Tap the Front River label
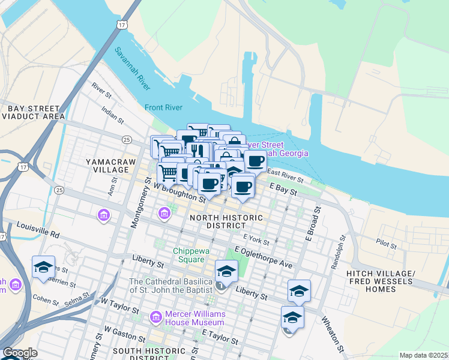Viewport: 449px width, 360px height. (x=163, y=108)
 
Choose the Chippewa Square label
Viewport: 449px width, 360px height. (x=193, y=255)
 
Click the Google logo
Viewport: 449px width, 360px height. (x=20, y=353)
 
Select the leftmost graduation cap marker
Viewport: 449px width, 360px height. (x=43, y=267)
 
